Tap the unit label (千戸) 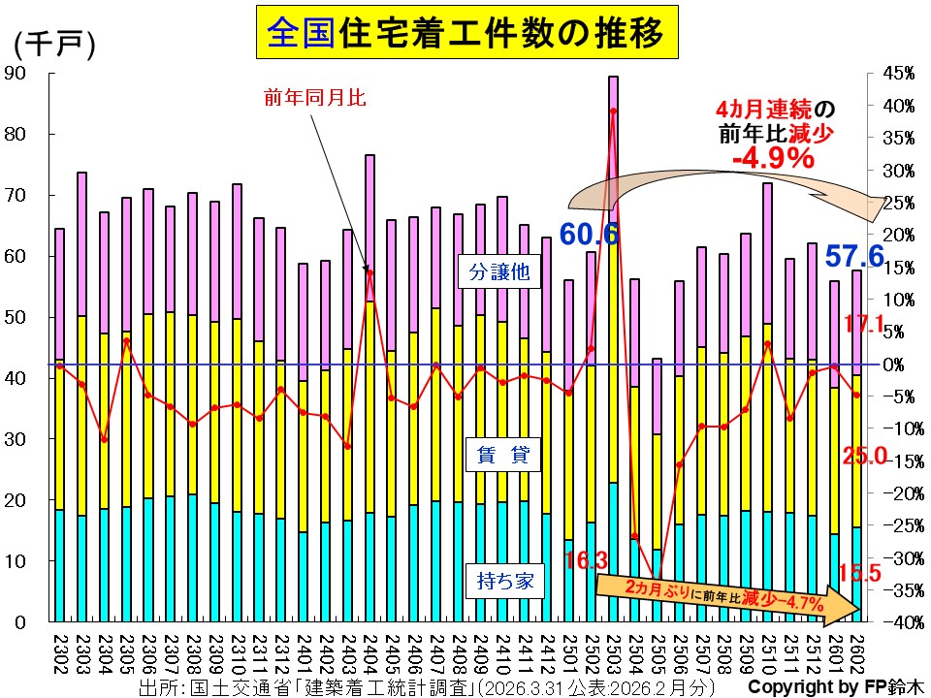click(x=54, y=44)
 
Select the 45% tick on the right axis click(x=899, y=73)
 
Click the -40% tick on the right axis click(x=897, y=621)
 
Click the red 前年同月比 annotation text click(x=308, y=97)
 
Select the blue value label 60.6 click(x=589, y=233)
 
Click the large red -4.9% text click(x=773, y=157)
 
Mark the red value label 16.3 click(x=586, y=559)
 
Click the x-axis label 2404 click(x=370, y=652)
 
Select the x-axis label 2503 click(x=613, y=652)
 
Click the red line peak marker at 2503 click(x=613, y=111)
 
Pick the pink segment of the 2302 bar click(x=59, y=294)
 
